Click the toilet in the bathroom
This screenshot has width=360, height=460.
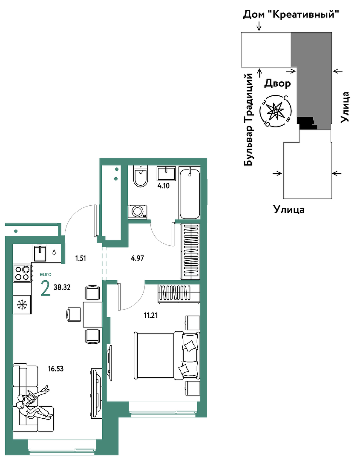point(141,176)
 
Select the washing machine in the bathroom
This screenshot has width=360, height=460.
point(138,212)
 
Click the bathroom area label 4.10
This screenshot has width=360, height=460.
point(164,186)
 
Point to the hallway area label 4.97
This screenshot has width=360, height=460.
point(138,258)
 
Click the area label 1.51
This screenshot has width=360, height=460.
point(81,258)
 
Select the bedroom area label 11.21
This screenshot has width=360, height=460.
point(150,315)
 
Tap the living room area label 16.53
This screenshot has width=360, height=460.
point(56,368)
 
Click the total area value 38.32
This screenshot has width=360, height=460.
point(62,287)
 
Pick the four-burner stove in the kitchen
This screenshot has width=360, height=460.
point(22,273)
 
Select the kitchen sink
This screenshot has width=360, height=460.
point(40,253)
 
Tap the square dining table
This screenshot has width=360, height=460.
point(92,314)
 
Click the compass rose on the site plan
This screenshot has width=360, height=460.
point(276,111)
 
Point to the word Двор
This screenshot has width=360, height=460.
point(277,84)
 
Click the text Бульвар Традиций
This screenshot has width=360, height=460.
point(248,120)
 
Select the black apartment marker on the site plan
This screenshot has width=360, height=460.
point(307,123)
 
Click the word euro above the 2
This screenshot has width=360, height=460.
point(46,274)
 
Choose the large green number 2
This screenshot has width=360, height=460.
point(46,289)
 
